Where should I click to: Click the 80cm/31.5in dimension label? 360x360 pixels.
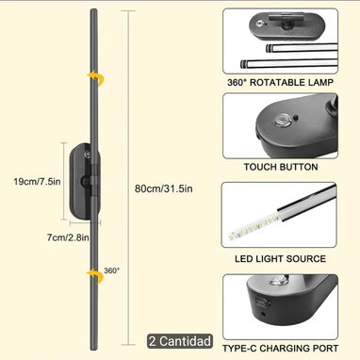pyautogui.click(x=163, y=188)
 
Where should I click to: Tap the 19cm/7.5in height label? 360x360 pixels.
pyautogui.click(x=37, y=181)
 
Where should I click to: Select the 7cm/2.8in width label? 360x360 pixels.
pyautogui.click(x=68, y=237)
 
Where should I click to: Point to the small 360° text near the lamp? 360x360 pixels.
pyautogui.click(x=112, y=270)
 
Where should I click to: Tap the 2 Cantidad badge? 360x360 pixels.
pyautogui.click(x=180, y=341)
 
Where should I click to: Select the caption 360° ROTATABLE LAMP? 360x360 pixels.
pyautogui.click(x=280, y=83)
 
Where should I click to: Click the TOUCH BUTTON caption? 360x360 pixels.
pyautogui.click(x=281, y=167)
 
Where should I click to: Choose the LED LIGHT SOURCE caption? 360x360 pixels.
pyautogui.click(x=280, y=259)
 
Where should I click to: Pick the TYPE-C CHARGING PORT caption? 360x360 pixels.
pyautogui.click(x=280, y=348)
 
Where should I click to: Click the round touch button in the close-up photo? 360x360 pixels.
pyautogui.click(x=281, y=120)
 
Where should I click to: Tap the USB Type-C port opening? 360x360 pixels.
pyautogui.click(x=263, y=303)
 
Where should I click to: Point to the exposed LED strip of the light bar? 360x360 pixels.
pyautogui.click(x=254, y=225)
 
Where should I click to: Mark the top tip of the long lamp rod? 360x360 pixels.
pyautogui.click(x=94, y=9)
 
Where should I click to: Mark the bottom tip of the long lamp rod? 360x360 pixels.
pyautogui.click(x=93, y=350)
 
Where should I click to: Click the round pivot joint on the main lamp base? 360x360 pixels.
pyautogui.click(x=85, y=181)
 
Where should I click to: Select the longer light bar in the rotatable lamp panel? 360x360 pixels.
pyautogui.click(x=289, y=64)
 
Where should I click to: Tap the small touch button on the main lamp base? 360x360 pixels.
pyautogui.click(x=87, y=155)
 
